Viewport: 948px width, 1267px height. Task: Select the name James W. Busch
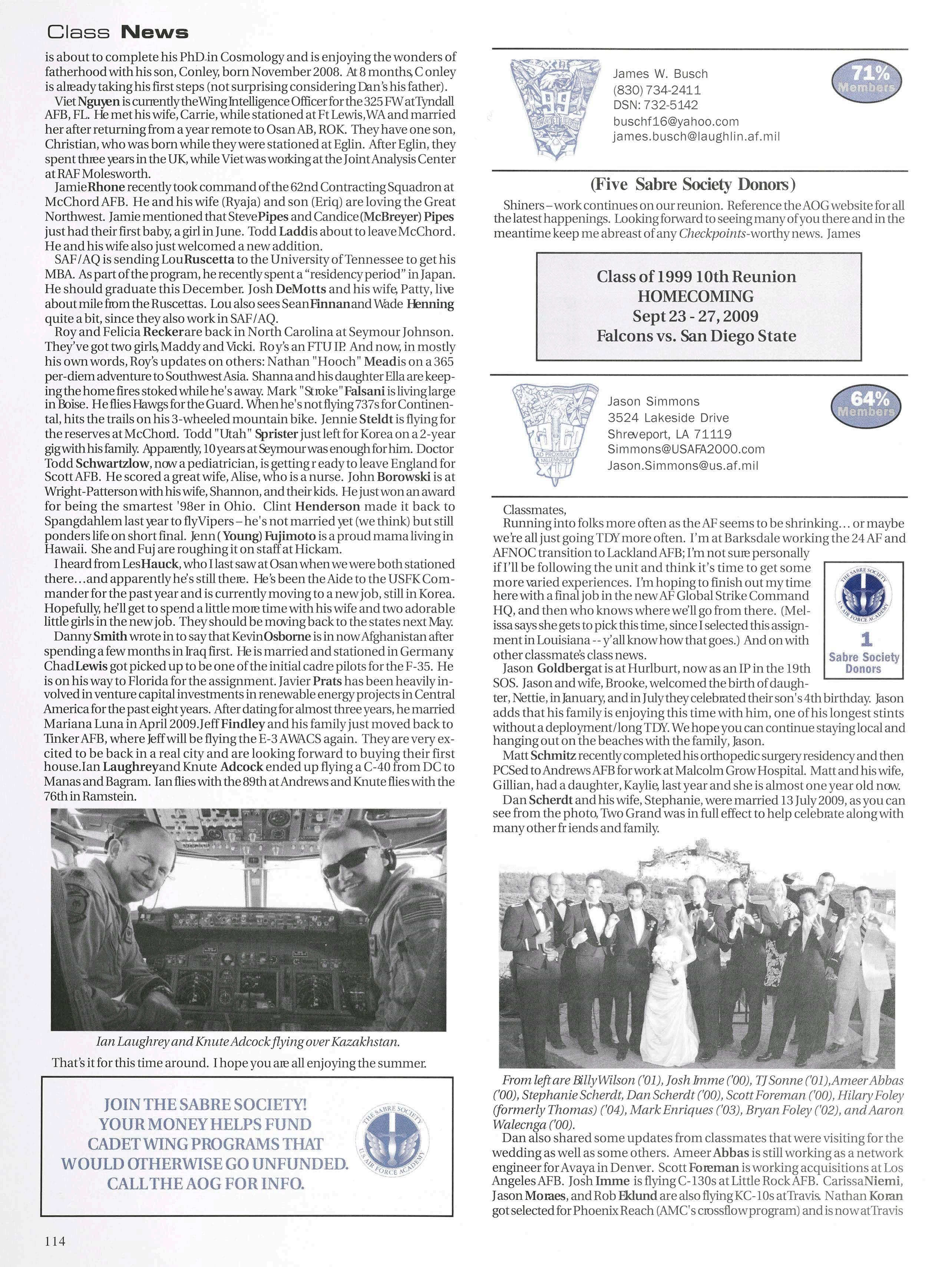tap(660, 74)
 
